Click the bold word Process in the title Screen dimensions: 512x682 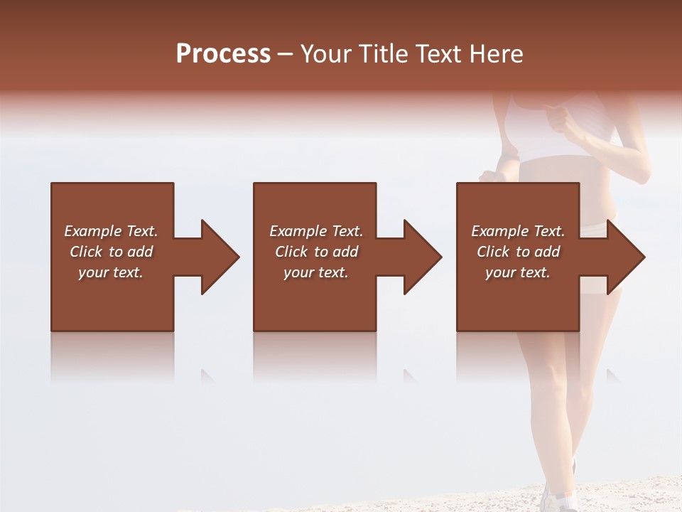[223, 54]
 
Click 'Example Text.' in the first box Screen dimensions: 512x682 [111, 231]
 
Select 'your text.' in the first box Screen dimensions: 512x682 [111, 272]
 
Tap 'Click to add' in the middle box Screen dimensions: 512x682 [316, 252]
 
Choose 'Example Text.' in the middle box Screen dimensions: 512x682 [316, 231]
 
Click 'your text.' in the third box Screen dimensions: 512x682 [517, 272]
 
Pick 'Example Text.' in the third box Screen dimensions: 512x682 [518, 231]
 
